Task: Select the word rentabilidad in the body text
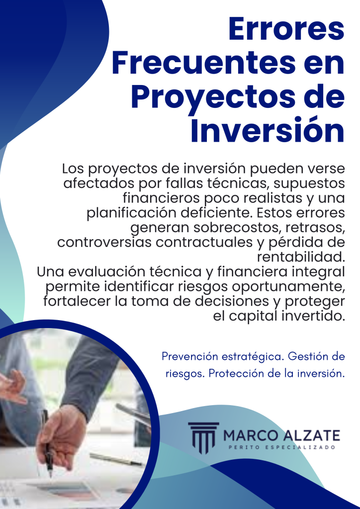coord(301,258)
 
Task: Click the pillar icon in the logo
coord(203,437)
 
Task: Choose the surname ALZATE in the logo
coord(311,436)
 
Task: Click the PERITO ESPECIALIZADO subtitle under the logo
coord(281,448)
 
